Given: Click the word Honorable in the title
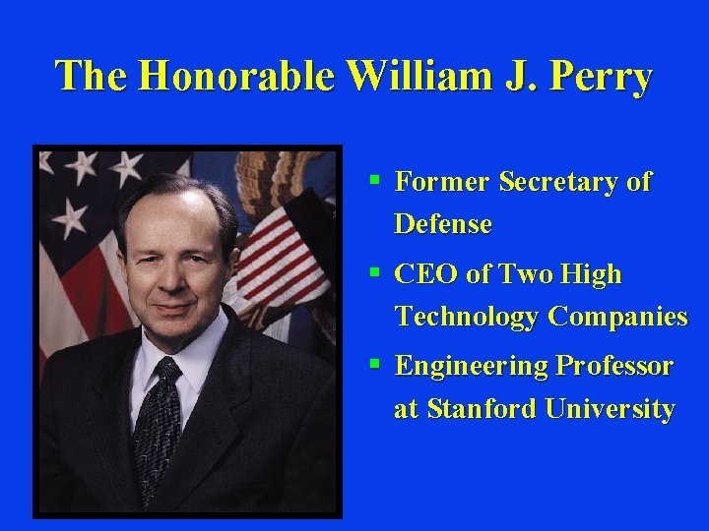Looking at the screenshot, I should pos(237,76).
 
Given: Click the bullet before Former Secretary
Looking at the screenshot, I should pos(375,180).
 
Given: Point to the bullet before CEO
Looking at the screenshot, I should pos(375,272).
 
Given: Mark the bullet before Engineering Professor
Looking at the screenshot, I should pos(375,364).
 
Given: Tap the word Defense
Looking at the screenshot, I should pos(442,224).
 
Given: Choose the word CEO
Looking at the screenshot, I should pos(425,274).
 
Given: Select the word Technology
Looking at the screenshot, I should pos(467,317).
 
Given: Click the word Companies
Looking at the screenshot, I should pos(617,317).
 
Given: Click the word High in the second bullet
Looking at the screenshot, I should pos(594,274).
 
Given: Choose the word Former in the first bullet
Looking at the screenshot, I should pos(443,182).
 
